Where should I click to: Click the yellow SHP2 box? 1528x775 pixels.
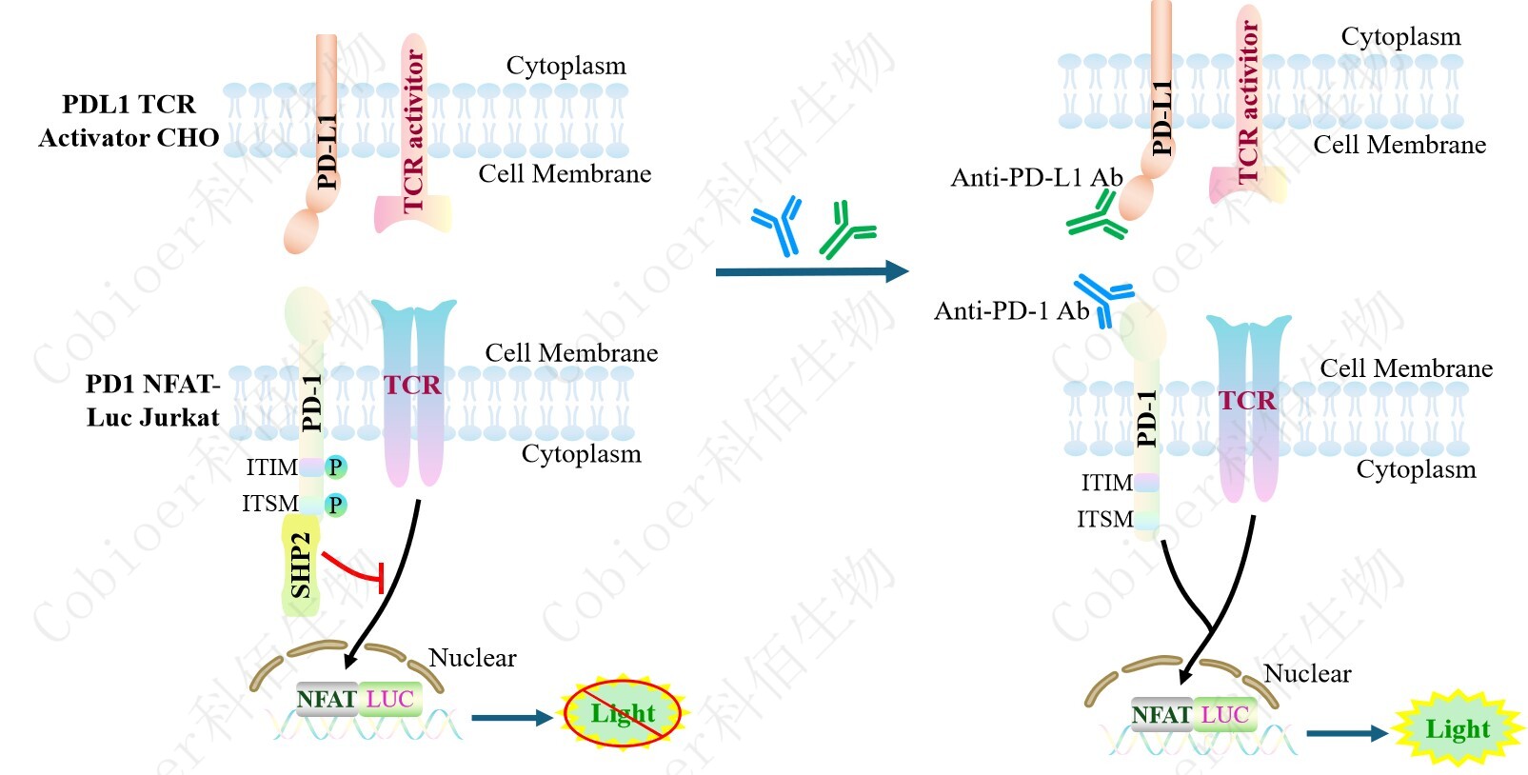pos(301,566)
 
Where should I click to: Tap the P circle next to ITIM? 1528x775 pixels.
pos(335,467)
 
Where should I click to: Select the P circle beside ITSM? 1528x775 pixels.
pos(335,505)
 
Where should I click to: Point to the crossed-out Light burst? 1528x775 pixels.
pos(623,713)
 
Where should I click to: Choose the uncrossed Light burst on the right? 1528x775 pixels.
pos(1457,729)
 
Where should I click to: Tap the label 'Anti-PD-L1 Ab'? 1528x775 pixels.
pos(1037,178)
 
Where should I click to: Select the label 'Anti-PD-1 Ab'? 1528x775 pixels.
pos(1011,311)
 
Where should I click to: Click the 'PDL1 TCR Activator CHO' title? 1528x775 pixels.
pos(129,121)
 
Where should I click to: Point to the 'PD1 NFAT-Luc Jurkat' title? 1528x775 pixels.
pos(152,401)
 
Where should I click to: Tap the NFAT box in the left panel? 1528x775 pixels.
pos(327,700)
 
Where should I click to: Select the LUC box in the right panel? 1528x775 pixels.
pos(1224,715)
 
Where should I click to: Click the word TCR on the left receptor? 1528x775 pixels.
pos(412,386)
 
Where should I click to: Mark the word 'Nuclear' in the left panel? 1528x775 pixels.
pos(472,658)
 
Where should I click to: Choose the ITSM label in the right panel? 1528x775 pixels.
pos(1104,520)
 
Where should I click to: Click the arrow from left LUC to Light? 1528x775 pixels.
pos(511,718)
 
